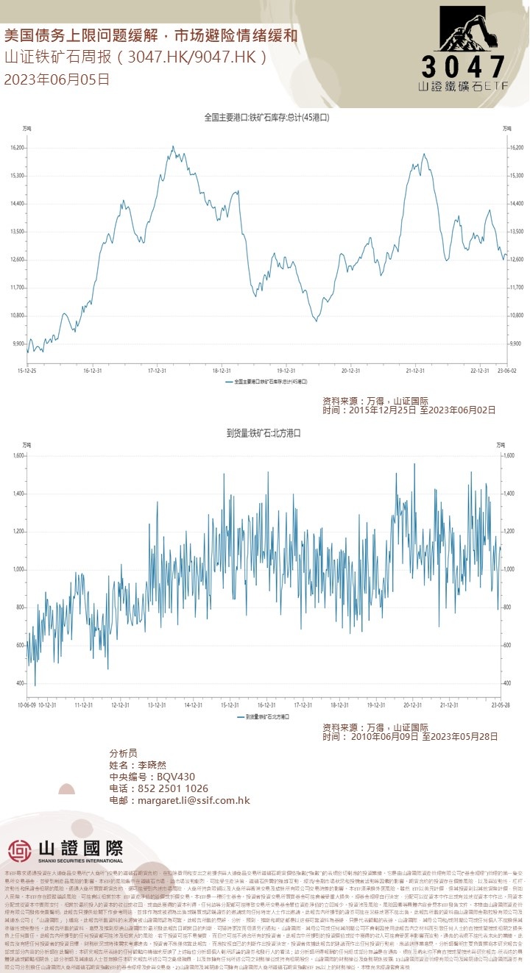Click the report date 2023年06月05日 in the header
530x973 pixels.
click(x=57, y=79)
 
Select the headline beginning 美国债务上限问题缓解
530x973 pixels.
click(x=151, y=35)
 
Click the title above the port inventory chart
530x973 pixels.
click(x=266, y=117)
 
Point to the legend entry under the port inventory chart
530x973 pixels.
click(x=266, y=382)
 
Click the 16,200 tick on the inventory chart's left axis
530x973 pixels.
click(x=18, y=148)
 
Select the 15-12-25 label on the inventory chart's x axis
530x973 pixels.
click(x=28, y=371)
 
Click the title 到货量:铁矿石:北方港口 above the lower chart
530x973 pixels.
click(x=264, y=434)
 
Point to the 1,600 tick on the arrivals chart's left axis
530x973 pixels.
click(x=20, y=456)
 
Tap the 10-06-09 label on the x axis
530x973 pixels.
click(x=28, y=704)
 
